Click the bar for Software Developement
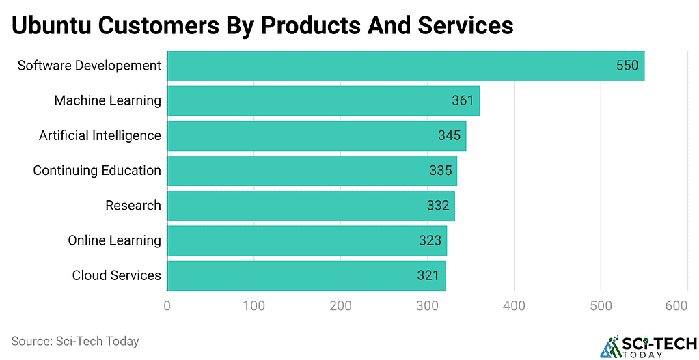(x=406, y=66)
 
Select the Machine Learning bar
(x=323, y=100)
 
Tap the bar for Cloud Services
(x=306, y=275)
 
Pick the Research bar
(x=311, y=206)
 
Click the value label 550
(x=627, y=66)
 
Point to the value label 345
(x=449, y=135)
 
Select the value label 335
(x=441, y=170)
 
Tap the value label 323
(x=430, y=240)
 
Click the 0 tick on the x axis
(x=167, y=307)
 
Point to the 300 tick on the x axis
(x=427, y=307)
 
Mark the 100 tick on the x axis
(x=253, y=307)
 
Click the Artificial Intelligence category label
(x=100, y=135)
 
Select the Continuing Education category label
(x=97, y=170)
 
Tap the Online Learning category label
(x=114, y=240)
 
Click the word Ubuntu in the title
(x=51, y=26)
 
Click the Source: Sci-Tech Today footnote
(x=75, y=341)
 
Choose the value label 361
(x=463, y=100)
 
